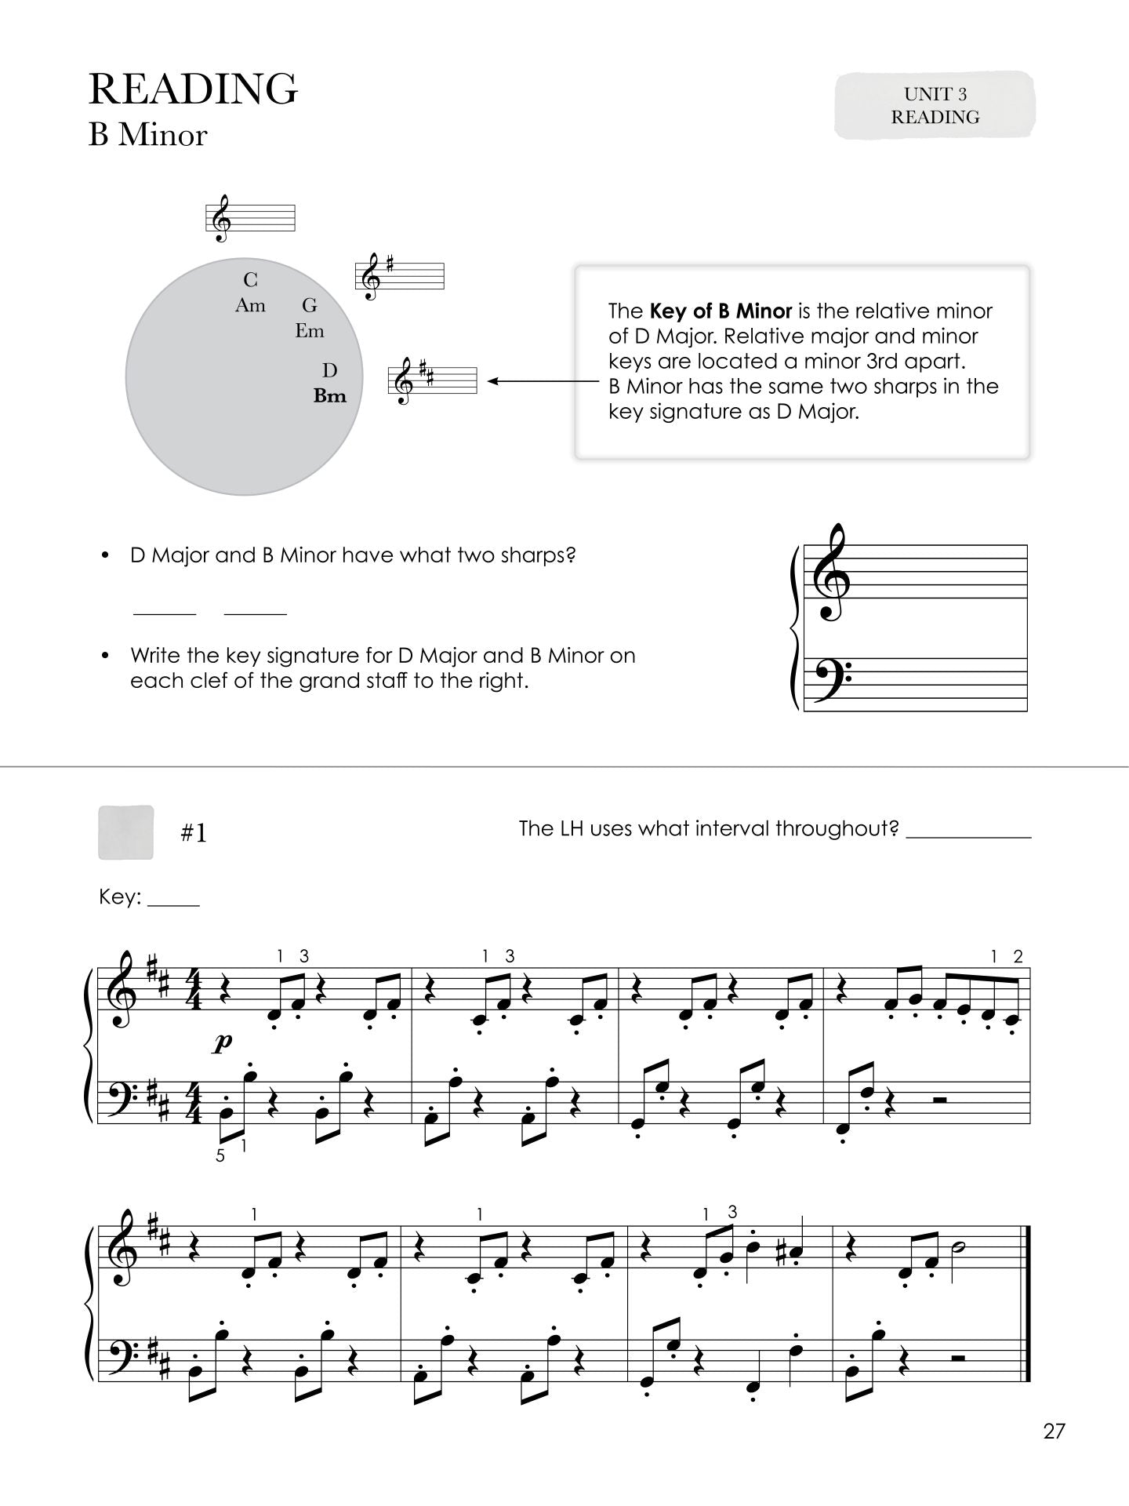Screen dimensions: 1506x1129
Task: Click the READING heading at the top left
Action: [x=193, y=89]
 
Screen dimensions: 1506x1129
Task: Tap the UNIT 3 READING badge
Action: [x=935, y=106]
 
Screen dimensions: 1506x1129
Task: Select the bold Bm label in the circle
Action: [x=329, y=396]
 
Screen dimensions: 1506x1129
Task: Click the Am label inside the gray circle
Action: [x=250, y=306]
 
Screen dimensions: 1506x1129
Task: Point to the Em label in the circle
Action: [x=310, y=331]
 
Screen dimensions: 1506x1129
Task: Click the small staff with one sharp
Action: [x=400, y=276]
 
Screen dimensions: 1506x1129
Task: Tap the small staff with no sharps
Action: [x=250, y=217]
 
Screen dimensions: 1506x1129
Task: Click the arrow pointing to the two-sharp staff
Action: [x=541, y=382]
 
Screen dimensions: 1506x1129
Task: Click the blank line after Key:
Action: [x=173, y=904]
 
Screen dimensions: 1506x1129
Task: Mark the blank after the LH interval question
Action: [x=968, y=836]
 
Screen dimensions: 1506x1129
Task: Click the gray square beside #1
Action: [x=125, y=832]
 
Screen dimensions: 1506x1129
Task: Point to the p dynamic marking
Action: [x=223, y=1042]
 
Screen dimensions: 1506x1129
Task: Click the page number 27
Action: [x=1055, y=1431]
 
